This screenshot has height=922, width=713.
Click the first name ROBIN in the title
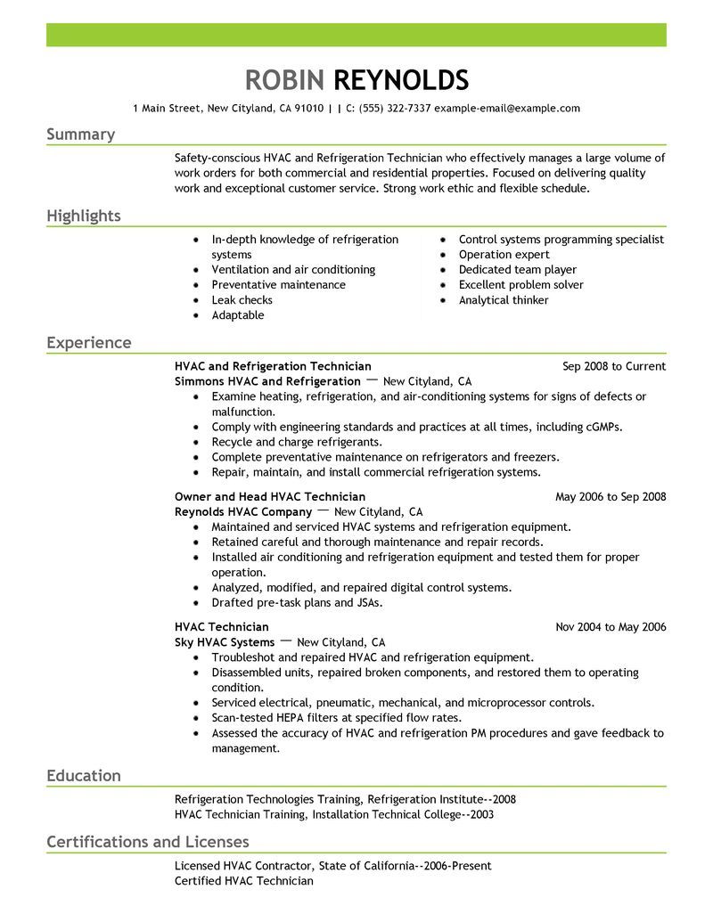click(x=284, y=80)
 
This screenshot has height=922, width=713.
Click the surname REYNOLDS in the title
click(x=401, y=80)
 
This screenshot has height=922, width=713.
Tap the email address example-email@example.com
click(x=507, y=109)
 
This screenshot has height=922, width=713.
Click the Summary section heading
click(x=80, y=135)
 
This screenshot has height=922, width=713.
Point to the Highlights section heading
click(x=84, y=216)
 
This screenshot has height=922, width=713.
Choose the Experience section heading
click(x=88, y=343)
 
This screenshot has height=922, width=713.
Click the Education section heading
click(x=84, y=776)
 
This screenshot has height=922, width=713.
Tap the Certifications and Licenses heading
click(x=147, y=842)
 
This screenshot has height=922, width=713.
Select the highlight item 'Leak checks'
click(x=242, y=300)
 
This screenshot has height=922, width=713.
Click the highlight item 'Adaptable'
click(x=238, y=315)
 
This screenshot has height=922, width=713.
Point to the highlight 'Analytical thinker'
click(x=504, y=300)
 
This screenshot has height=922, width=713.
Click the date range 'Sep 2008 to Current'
click(x=614, y=366)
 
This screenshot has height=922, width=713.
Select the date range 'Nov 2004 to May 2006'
click(x=611, y=627)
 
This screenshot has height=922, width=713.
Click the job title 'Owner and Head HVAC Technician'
click(x=270, y=496)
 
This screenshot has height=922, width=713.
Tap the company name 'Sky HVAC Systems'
click(x=224, y=641)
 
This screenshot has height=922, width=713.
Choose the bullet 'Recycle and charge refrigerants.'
click(x=297, y=442)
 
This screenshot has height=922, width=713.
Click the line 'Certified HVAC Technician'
click(x=244, y=881)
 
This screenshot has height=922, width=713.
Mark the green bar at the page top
click(x=356, y=35)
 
